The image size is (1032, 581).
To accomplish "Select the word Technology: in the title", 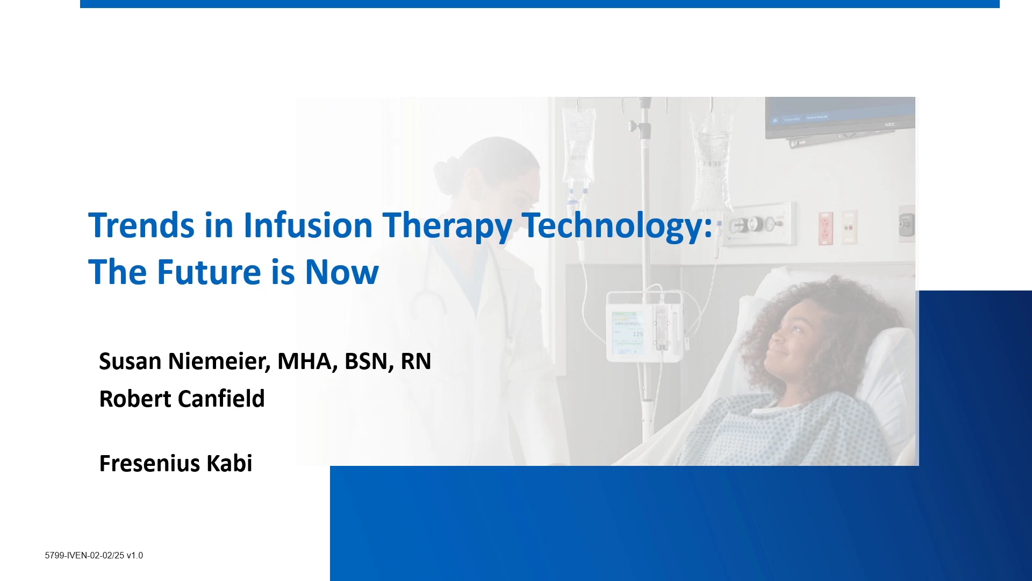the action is coord(617,226).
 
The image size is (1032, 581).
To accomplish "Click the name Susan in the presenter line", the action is coord(130,362).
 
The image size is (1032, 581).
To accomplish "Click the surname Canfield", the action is coord(221,399).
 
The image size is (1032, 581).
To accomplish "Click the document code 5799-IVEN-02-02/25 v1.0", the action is coord(94,556).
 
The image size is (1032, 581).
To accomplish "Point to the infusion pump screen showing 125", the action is coord(627,332).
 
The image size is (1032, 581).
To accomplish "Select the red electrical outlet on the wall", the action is coord(825,228).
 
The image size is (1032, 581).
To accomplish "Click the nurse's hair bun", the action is coord(446,175).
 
